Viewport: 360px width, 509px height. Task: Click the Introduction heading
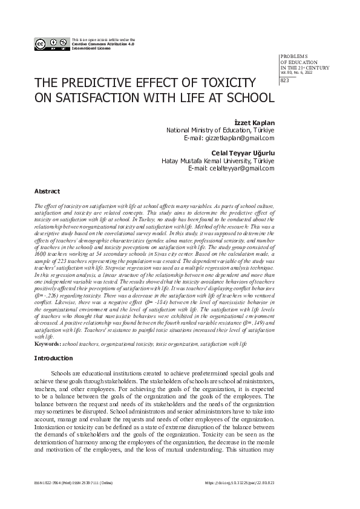(x=54, y=358)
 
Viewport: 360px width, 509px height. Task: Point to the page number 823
(x=286, y=81)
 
